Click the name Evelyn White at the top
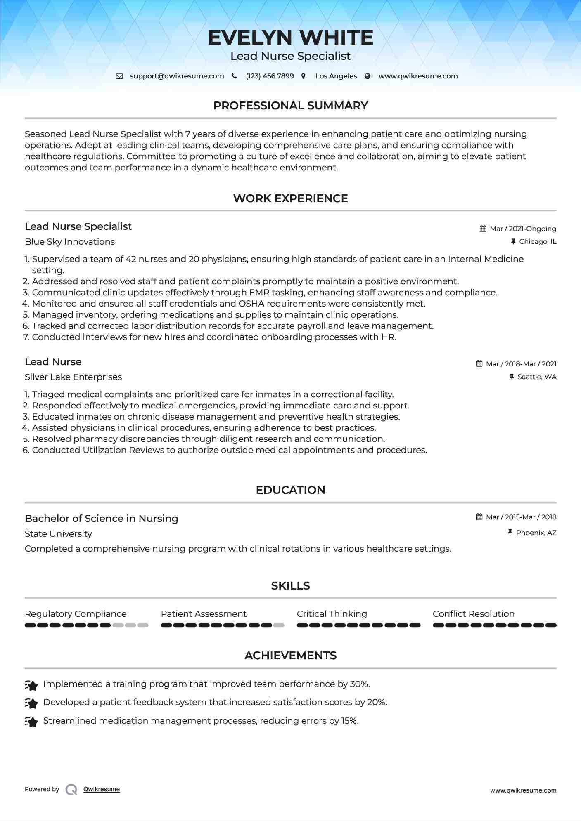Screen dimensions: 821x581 tap(290, 38)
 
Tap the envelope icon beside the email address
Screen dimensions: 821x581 tap(119, 76)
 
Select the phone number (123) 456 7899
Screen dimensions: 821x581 tap(270, 76)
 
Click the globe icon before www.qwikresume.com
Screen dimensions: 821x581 tap(368, 76)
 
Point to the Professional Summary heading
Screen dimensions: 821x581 tap(290, 106)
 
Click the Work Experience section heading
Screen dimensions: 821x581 tap(290, 198)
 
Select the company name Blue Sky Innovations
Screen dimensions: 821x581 tap(70, 242)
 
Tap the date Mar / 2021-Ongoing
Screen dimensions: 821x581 tap(523, 229)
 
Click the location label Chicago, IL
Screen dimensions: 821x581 tap(538, 242)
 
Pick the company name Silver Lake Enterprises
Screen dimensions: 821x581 tap(73, 377)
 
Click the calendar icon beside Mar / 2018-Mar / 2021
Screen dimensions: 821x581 tap(479, 364)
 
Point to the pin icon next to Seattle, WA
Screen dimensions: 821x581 tap(512, 377)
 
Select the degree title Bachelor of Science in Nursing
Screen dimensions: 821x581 tap(102, 519)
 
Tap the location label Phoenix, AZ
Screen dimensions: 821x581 tap(536, 533)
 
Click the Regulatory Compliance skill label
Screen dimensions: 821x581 tap(76, 614)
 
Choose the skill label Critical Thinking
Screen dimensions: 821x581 tap(332, 614)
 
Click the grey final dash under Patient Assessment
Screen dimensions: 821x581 tap(279, 625)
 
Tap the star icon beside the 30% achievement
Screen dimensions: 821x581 tap(31, 685)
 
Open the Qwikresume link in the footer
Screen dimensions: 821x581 tap(102, 789)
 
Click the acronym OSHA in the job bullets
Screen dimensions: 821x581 tap(252, 304)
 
